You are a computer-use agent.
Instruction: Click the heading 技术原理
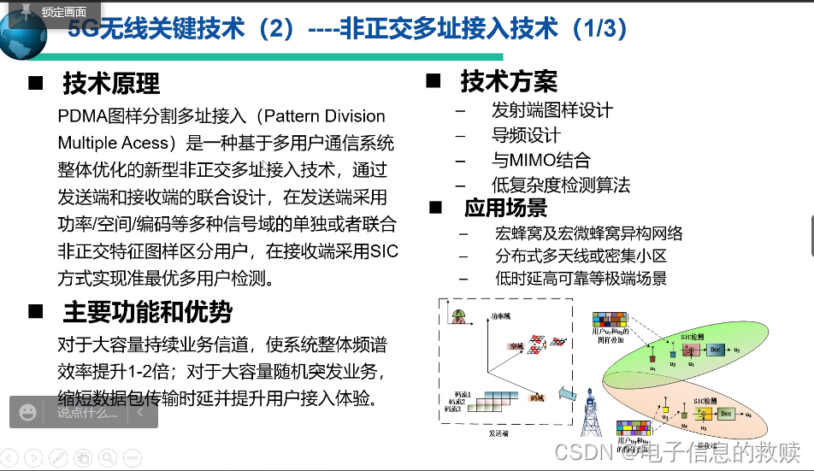click(x=111, y=84)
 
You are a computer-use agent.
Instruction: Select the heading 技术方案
click(x=509, y=81)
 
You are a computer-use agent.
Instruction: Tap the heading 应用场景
click(x=505, y=208)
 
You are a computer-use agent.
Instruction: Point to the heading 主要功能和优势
click(x=147, y=312)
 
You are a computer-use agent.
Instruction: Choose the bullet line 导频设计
click(x=526, y=135)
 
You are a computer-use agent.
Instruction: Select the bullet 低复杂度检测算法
click(x=561, y=185)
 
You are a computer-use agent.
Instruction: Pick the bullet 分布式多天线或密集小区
click(x=581, y=256)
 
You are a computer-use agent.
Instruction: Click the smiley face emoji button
click(x=28, y=413)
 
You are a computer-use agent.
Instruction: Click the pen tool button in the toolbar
click(x=57, y=457)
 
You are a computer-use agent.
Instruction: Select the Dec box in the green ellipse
click(x=714, y=350)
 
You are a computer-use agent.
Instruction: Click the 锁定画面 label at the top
click(x=63, y=11)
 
